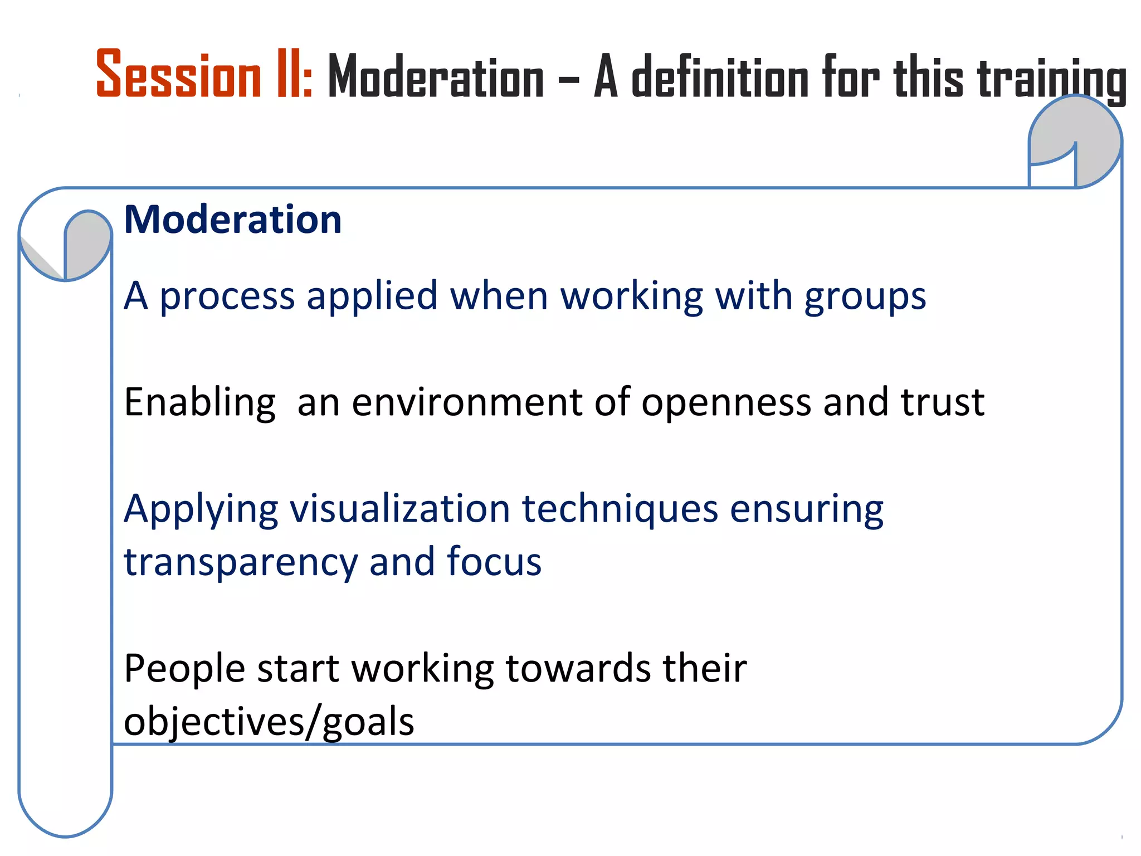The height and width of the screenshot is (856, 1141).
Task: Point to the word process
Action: [227, 296]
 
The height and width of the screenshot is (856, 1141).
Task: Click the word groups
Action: [865, 296]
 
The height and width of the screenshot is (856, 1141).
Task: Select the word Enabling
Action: [199, 402]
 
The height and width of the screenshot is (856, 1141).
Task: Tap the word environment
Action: [467, 402]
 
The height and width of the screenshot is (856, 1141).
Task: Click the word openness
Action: [726, 402]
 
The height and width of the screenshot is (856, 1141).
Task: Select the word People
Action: [184, 669]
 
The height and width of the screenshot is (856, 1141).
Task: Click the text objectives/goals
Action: [269, 722]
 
